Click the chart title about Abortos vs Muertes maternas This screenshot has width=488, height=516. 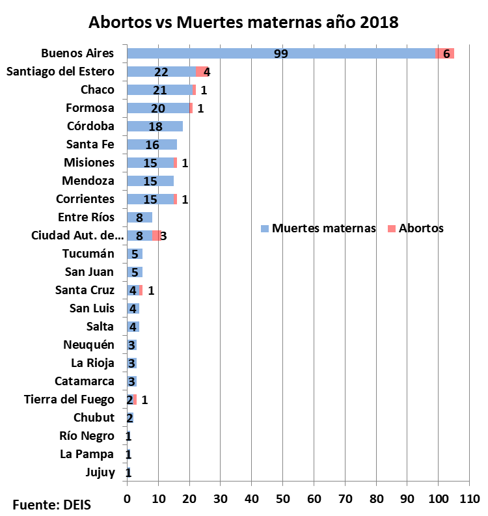[x=243, y=21]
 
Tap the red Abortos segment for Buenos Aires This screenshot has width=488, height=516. [x=446, y=53]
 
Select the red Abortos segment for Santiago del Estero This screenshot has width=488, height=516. [x=202, y=72]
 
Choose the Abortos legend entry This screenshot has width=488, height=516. [x=416, y=228]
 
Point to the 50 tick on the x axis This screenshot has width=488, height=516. [x=282, y=499]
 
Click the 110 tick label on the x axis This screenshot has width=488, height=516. [x=469, y=499]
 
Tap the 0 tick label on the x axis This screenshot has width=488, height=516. [x=127, y=499]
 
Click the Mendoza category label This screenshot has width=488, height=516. [x=88, y=181]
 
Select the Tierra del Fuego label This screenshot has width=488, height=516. [x=69, y=400]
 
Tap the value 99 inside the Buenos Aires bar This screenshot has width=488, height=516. [x=281, y=53]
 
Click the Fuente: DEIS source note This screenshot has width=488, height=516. [x=52, y=504]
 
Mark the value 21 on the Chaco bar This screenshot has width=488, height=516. [x=159, y=90]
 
